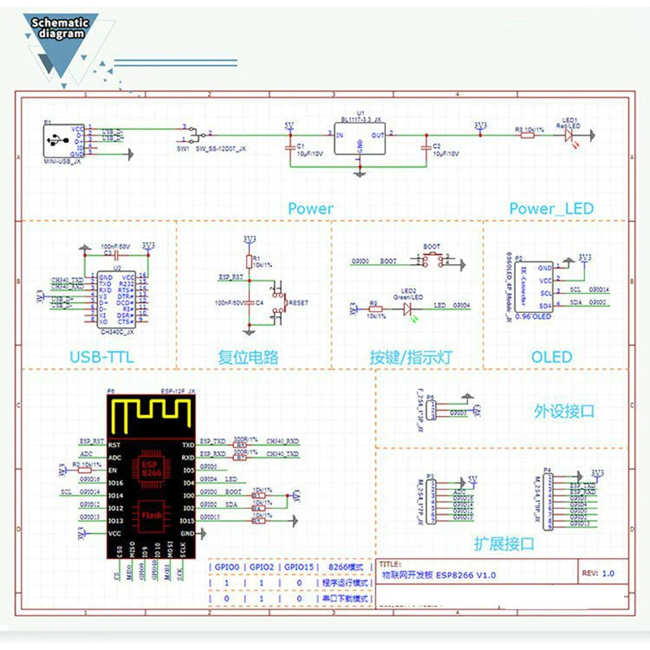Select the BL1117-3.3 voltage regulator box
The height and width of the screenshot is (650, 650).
point(360,139)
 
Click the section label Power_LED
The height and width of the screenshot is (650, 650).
point(551,209)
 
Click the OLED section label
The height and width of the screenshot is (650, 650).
point(552,357)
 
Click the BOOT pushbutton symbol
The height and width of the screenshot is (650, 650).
point(431,262)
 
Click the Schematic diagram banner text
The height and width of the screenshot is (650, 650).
point(58,29)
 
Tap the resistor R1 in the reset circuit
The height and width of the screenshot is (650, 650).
point(249,261)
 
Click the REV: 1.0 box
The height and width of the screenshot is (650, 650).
point(602,573)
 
